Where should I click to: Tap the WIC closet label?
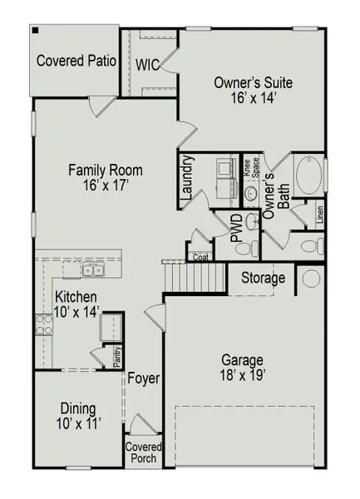coord(148,64)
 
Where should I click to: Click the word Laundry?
coord(187,180)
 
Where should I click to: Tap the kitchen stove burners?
coord(42,324)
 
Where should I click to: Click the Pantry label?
coord(118,355)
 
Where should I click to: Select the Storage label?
coord(264,278)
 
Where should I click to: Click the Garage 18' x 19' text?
coord(242,368)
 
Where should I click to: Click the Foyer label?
coord(144,378)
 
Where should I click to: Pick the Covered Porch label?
coord(144,452)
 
